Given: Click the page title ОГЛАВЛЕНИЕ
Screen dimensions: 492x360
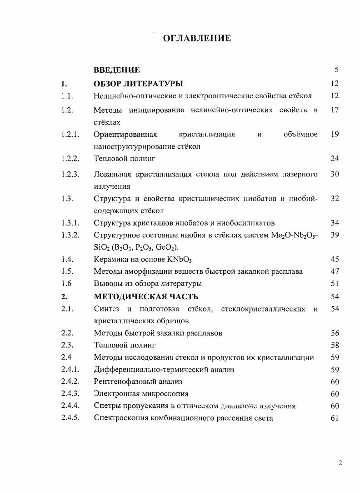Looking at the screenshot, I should click(197, 38).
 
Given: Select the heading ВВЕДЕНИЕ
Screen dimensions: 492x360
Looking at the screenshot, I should click(116, 70).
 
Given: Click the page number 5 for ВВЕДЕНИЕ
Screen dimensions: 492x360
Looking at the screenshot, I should click(336, 70).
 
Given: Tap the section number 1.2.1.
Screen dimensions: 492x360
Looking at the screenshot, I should click(70, 134).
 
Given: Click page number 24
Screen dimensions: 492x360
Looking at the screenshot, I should click(335, 159).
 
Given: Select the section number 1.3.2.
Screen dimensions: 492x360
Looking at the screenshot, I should click(70, 235).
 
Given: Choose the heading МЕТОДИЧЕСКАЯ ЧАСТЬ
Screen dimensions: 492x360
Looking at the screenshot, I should click(145, 297).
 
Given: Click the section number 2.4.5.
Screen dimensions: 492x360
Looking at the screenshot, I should click(70, 418).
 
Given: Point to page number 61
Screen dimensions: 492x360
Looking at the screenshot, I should click(335, 418).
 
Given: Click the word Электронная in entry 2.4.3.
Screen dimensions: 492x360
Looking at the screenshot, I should click(115, 394).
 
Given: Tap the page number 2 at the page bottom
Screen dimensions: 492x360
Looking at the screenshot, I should click(340, 463).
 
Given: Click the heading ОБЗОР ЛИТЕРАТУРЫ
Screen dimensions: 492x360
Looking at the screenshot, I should click(138, 84).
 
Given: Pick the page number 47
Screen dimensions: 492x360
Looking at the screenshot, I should click(335, 271).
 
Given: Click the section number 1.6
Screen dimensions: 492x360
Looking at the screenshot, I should click(66, 284).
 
